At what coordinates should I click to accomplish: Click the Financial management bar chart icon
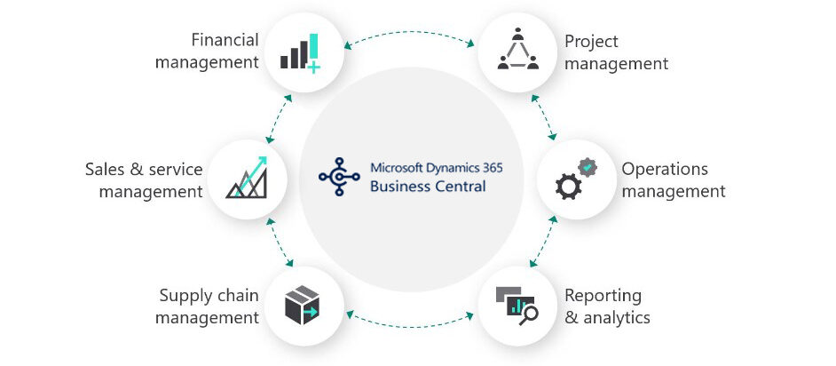[300, 52]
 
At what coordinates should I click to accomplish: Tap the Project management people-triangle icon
[518, 50]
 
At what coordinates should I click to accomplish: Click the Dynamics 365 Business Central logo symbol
[338, 176]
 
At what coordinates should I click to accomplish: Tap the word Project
[591, 41]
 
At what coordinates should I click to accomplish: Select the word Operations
[652, 169]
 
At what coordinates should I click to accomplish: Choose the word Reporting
[603, 296]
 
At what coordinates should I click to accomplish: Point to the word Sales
[106, 169]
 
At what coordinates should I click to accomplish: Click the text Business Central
[428, 186]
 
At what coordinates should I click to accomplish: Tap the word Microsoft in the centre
[398, 167]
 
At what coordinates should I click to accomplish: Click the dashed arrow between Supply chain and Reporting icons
[409, 314]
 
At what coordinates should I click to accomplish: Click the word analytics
[616, 317]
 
